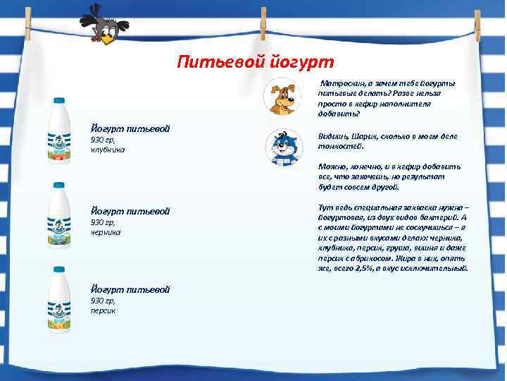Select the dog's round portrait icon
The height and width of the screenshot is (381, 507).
(283, 97)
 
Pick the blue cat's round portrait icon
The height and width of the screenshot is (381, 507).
(283, 147)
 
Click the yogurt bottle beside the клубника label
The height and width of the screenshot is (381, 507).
(58, 132)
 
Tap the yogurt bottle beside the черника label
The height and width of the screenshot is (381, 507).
(58, 214)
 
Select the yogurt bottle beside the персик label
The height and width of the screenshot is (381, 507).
(58, 298)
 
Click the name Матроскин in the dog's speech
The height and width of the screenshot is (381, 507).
(345, 84)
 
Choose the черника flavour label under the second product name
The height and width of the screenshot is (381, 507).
(106, 231)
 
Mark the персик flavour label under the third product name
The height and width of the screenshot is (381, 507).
(103, 310)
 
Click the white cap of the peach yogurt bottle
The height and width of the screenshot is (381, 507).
(58, 270)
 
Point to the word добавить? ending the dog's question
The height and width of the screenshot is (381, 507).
(338, 113)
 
